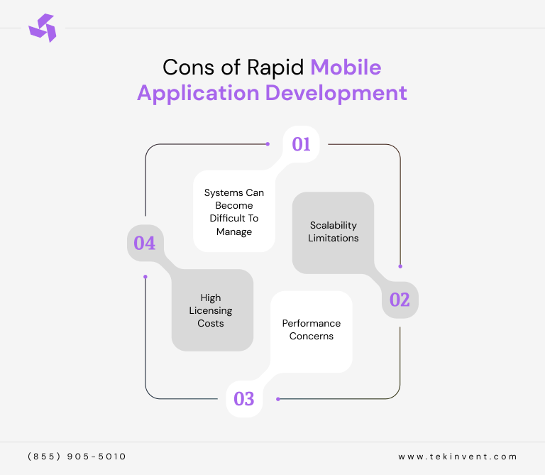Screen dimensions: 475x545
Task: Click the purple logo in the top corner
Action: click(42, 28)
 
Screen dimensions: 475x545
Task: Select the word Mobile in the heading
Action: click(346, 67)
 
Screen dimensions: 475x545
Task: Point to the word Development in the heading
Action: click(336, 93)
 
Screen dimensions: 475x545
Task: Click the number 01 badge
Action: click(302, 144)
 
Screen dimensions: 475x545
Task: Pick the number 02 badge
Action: click(400, 300)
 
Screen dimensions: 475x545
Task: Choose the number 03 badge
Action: click(243, 398)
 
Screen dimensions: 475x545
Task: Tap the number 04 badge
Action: click(145, 243)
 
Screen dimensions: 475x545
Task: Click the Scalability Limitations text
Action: click(333, 232)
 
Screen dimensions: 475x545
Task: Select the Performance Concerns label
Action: click(312, 329)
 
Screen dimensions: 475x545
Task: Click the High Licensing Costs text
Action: click(211, 310)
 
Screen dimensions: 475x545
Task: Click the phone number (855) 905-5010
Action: click(77, 457)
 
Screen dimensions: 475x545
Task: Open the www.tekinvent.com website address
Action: click(458, 457)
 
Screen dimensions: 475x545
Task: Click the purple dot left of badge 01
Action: click(268, 144)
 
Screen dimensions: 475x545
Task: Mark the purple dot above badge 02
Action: click(400, 266)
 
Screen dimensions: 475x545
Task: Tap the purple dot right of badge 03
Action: click(277, 398)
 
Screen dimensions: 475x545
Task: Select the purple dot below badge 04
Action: click(145, 276)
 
